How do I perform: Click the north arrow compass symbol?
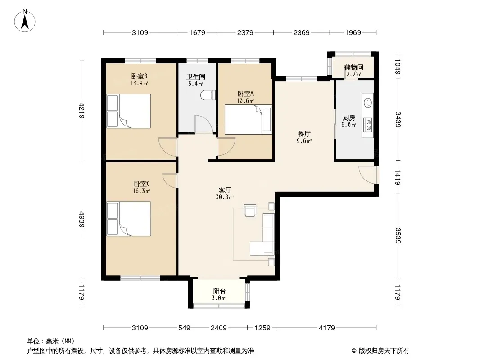coord(25,21)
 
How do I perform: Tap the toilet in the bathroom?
coord(206,95)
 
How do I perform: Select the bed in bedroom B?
coord(129,111)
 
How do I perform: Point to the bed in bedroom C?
coord(129,219)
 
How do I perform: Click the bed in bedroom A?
coord(248,120)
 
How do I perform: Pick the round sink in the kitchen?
coord(367,103)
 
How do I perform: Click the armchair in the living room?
coord(249,210)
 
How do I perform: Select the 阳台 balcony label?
coord(219,291)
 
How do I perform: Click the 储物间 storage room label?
coord(353,67)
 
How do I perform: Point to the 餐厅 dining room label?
coord(304,134)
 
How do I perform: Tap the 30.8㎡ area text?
coord(225,197)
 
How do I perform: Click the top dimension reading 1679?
coord(197,32)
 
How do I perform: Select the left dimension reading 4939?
coord(82,219)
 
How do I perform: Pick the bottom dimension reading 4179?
coord(326,328)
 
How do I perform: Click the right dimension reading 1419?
coord(398,177)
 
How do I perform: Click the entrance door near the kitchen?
coord(368,175)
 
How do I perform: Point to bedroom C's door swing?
coord(169,180)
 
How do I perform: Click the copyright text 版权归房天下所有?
coord(383,351)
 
